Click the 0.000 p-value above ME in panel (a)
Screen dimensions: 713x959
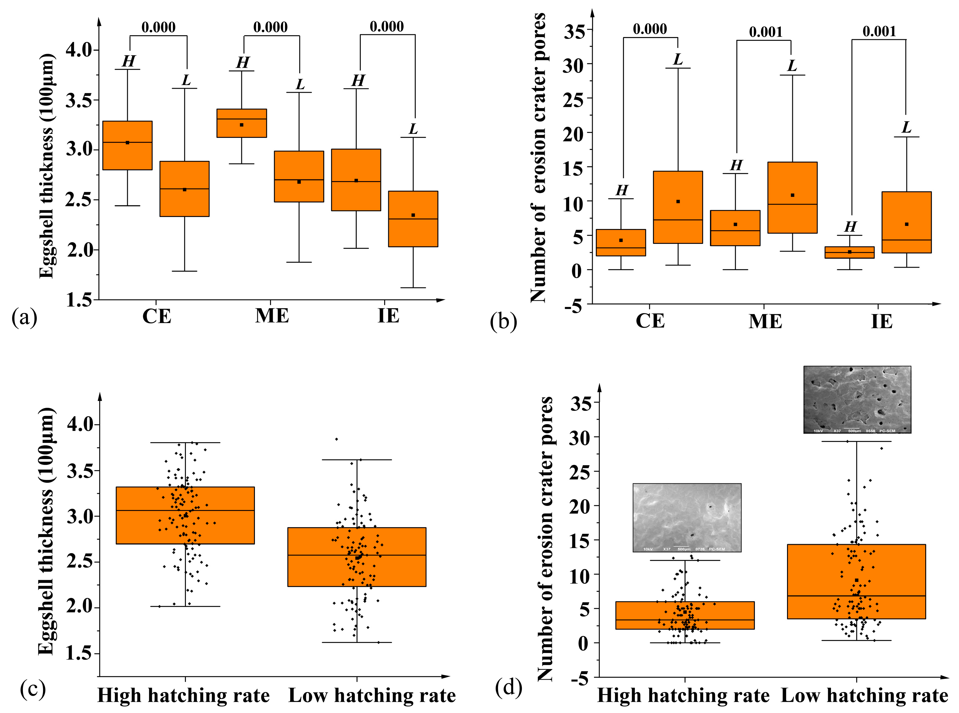coord(270,27)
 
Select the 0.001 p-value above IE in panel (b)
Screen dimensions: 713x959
coord(879,31)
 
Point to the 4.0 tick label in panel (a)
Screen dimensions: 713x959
coord(80,50)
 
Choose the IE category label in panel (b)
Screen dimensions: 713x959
coord(881,321)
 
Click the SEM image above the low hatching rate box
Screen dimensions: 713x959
coord(857,400)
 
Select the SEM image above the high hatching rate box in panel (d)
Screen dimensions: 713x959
coord(687,517)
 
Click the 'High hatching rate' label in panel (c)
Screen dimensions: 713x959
coord(183,696)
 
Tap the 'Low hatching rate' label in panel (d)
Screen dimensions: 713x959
coord(864,696)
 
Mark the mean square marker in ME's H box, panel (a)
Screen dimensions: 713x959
coord(242,125)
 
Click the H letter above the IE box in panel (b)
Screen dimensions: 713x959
coord(850,227)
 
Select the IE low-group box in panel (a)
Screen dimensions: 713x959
coord(413,219)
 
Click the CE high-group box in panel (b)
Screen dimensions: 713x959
coord(621,243)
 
